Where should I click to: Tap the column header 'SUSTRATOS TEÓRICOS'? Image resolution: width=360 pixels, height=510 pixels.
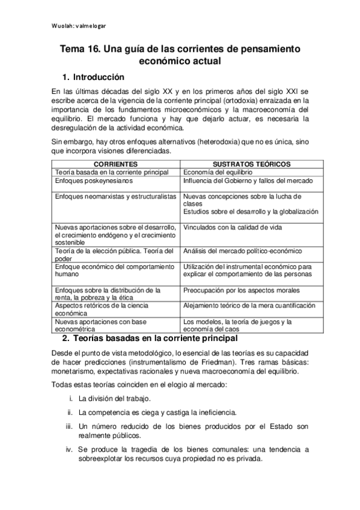[x=252, y=164]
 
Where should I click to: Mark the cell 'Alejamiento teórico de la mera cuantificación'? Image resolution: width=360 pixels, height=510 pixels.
[x=249, y=305]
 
